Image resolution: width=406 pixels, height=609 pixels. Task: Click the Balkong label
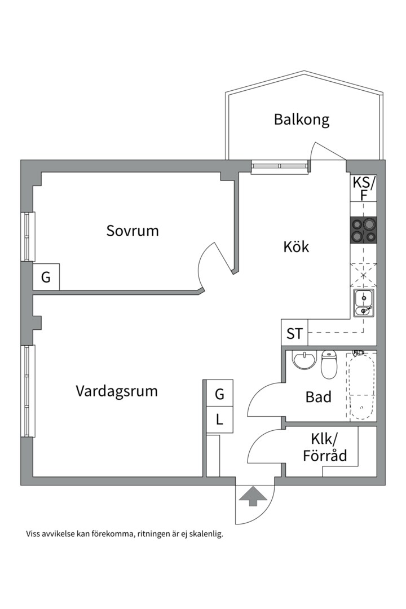302,120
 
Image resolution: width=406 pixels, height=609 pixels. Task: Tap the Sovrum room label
133,231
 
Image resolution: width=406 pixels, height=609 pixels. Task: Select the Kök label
297,246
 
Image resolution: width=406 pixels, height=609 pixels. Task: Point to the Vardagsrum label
117,391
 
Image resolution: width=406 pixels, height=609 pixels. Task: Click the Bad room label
318,397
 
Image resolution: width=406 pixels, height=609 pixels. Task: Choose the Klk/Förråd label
325,447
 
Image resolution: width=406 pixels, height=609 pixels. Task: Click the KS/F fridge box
363,188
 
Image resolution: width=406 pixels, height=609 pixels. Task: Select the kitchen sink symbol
363,303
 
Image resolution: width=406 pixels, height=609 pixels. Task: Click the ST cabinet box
294,333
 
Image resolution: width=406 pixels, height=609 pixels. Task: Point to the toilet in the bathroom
328,365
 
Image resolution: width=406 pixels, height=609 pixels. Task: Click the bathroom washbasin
304,360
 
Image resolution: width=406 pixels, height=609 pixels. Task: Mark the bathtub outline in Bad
361,386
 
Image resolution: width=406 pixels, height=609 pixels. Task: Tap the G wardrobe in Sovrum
46,277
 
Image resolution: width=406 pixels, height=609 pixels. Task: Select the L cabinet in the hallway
219,420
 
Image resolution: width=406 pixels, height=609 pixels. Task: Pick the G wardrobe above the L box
219,394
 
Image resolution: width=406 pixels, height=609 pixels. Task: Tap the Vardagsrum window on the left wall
28,391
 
